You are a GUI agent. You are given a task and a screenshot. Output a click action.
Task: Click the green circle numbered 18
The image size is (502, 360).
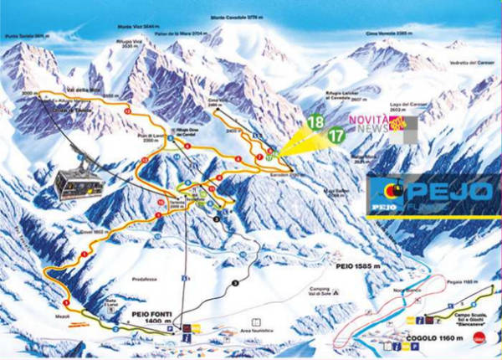tap(315, 122)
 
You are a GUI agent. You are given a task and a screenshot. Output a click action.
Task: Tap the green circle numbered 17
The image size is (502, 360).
tap(337, 134)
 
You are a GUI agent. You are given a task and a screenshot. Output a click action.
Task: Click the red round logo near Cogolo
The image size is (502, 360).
tap(479, 337)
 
